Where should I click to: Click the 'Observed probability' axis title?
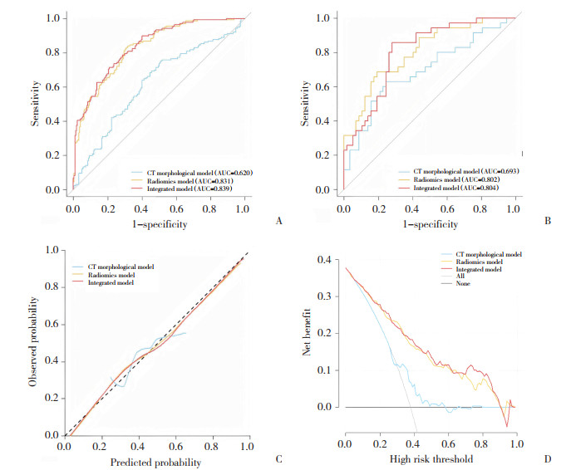(x=32, y=342)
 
